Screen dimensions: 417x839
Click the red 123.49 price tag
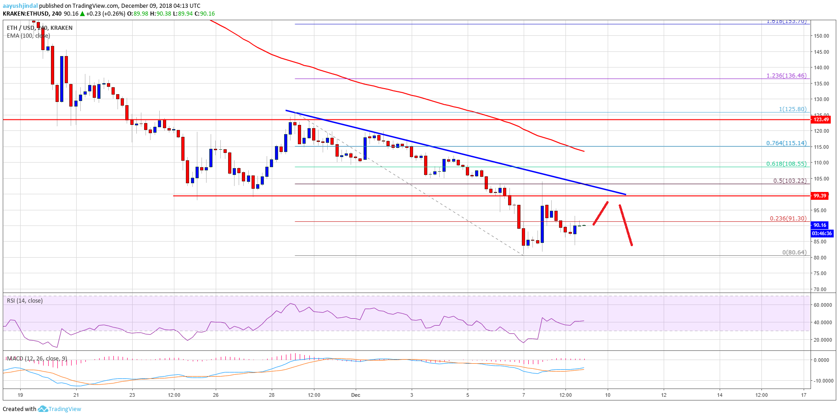tap(821, 120)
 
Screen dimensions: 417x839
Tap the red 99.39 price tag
tap(820, 196)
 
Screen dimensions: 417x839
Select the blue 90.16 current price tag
tap(820, 225)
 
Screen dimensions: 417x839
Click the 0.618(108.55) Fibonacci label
tap(786, 163)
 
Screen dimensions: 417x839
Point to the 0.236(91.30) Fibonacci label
tap(788, 219)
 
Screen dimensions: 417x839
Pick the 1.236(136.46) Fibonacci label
tap(786, 76)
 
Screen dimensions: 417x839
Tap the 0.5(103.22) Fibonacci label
tap(789, 181)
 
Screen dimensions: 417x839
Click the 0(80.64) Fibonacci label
tap(794, 253)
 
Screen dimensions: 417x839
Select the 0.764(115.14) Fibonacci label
tap(786, 143)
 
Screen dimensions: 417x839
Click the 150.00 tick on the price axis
tap(822, 36)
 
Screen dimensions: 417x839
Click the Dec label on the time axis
tap(356, 395)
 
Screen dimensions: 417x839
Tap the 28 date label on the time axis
tap(272, 395)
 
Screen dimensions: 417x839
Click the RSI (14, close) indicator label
tap(24, 301)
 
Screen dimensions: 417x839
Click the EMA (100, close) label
tap(28, 36)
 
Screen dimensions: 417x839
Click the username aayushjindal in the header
tap(20, 6)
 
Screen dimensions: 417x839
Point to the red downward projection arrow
tap(626, 225)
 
